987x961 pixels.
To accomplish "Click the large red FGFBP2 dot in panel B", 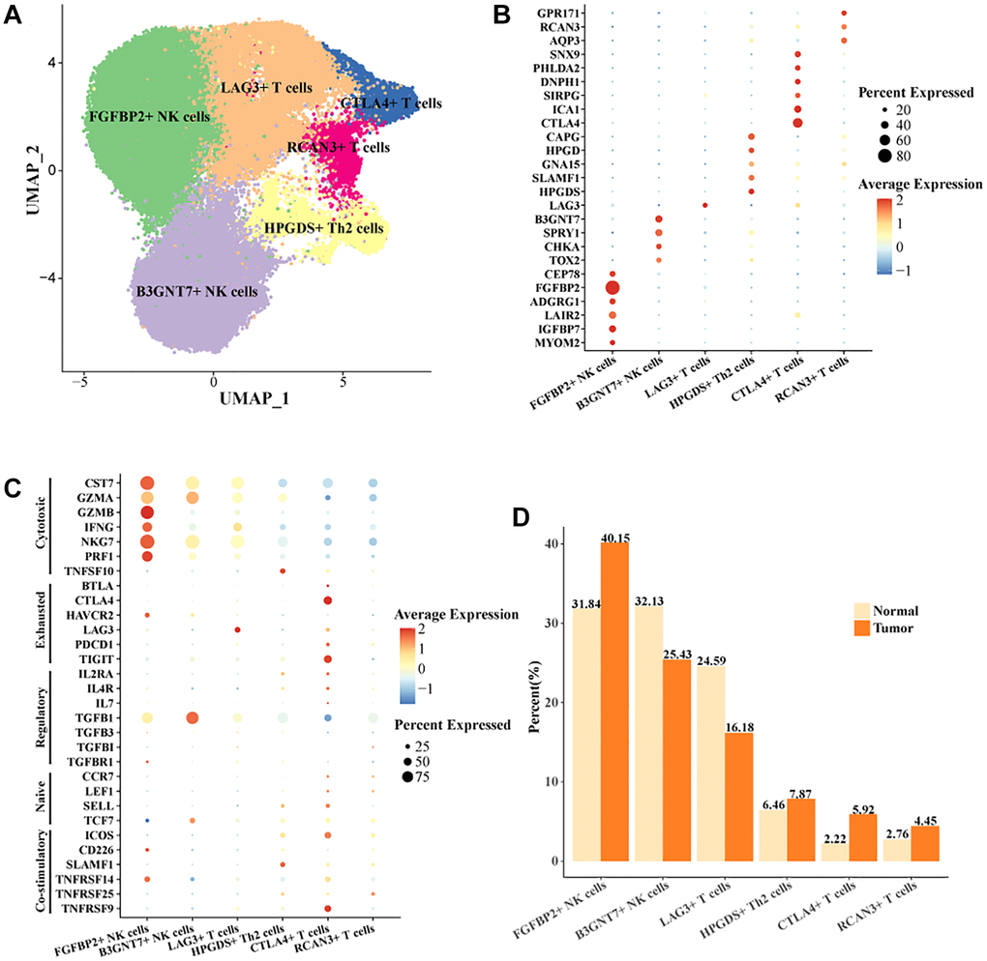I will point(613,287).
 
